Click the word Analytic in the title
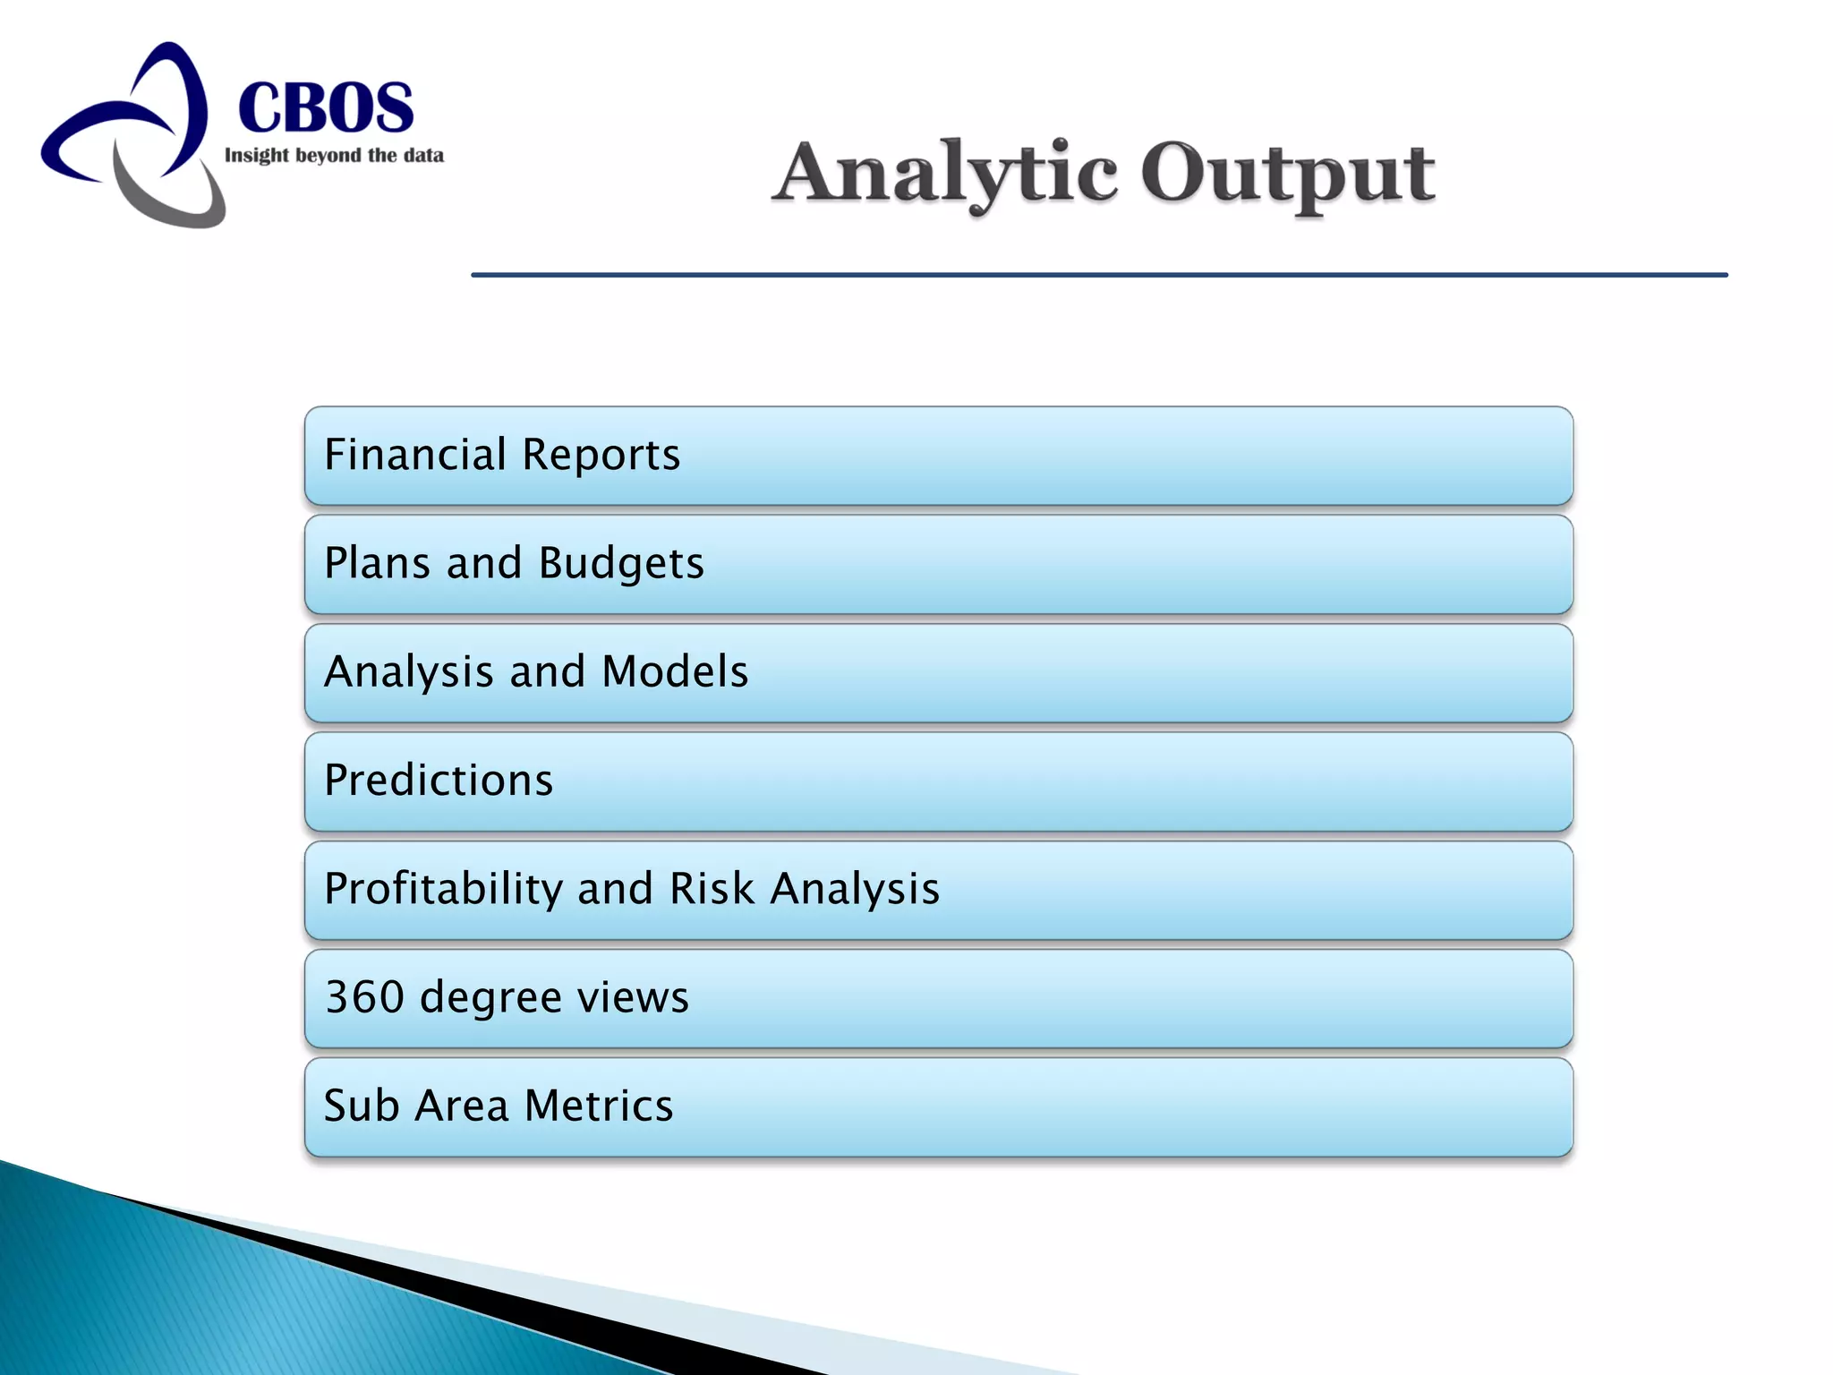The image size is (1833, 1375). (945, 174)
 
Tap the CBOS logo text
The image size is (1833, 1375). (326, 107)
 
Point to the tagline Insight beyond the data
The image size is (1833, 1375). (334, 156)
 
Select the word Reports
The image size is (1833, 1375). (601, 454)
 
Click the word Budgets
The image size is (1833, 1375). (621, 564)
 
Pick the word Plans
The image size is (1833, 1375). (377, 563)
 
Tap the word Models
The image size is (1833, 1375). (675, 671)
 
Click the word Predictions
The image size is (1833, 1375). (439, 780)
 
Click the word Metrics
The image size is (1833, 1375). (598, 1106)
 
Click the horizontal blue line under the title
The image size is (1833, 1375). (1099, 275)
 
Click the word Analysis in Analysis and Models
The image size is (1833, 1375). (409, 672)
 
